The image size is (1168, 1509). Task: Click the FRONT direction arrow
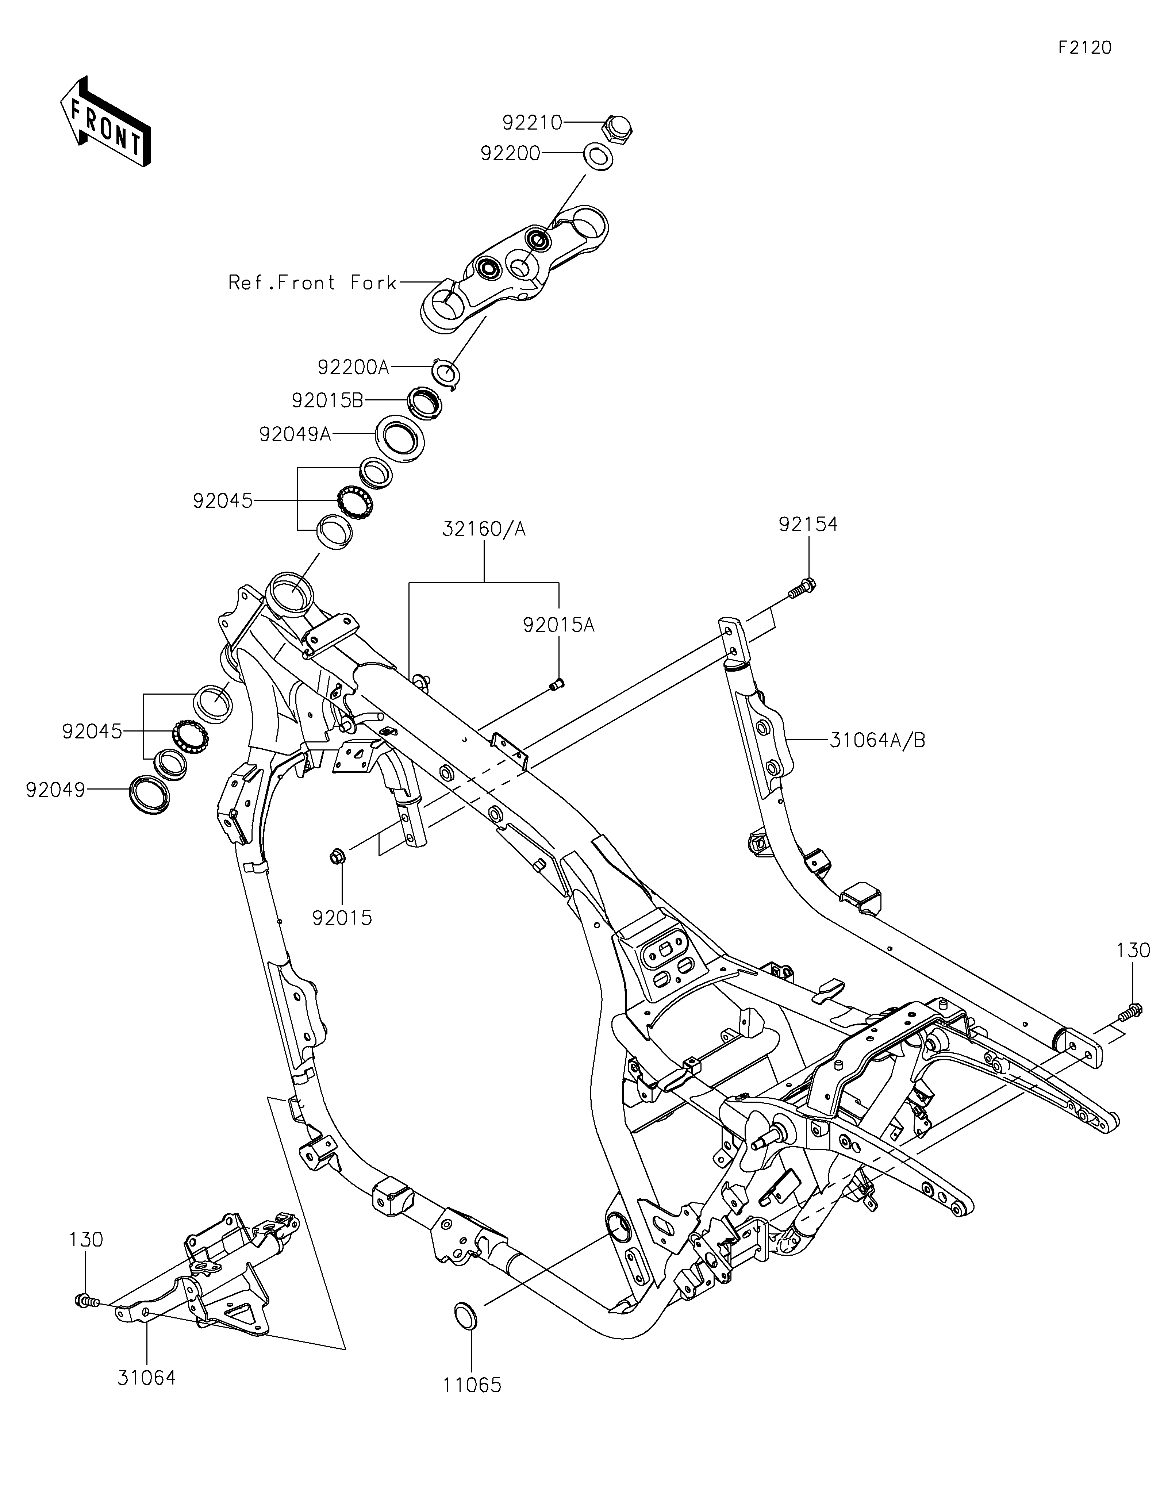click(x=106, y=122)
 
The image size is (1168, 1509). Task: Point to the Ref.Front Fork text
click(x=312, y=283)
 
